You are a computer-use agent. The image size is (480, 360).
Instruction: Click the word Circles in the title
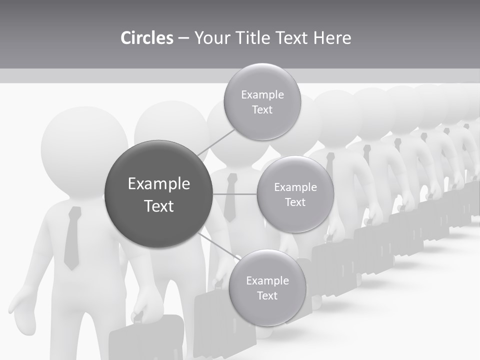coord(147,38)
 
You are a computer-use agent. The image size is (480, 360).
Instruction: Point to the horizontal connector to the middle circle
coord(235,194)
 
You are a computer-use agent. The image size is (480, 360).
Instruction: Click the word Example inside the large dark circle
coord(159,184)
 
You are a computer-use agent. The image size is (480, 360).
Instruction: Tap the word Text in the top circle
coord(262,110)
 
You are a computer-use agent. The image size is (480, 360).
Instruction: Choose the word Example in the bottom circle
coord(267,280)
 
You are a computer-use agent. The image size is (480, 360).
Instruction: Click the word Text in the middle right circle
coord(295,202)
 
